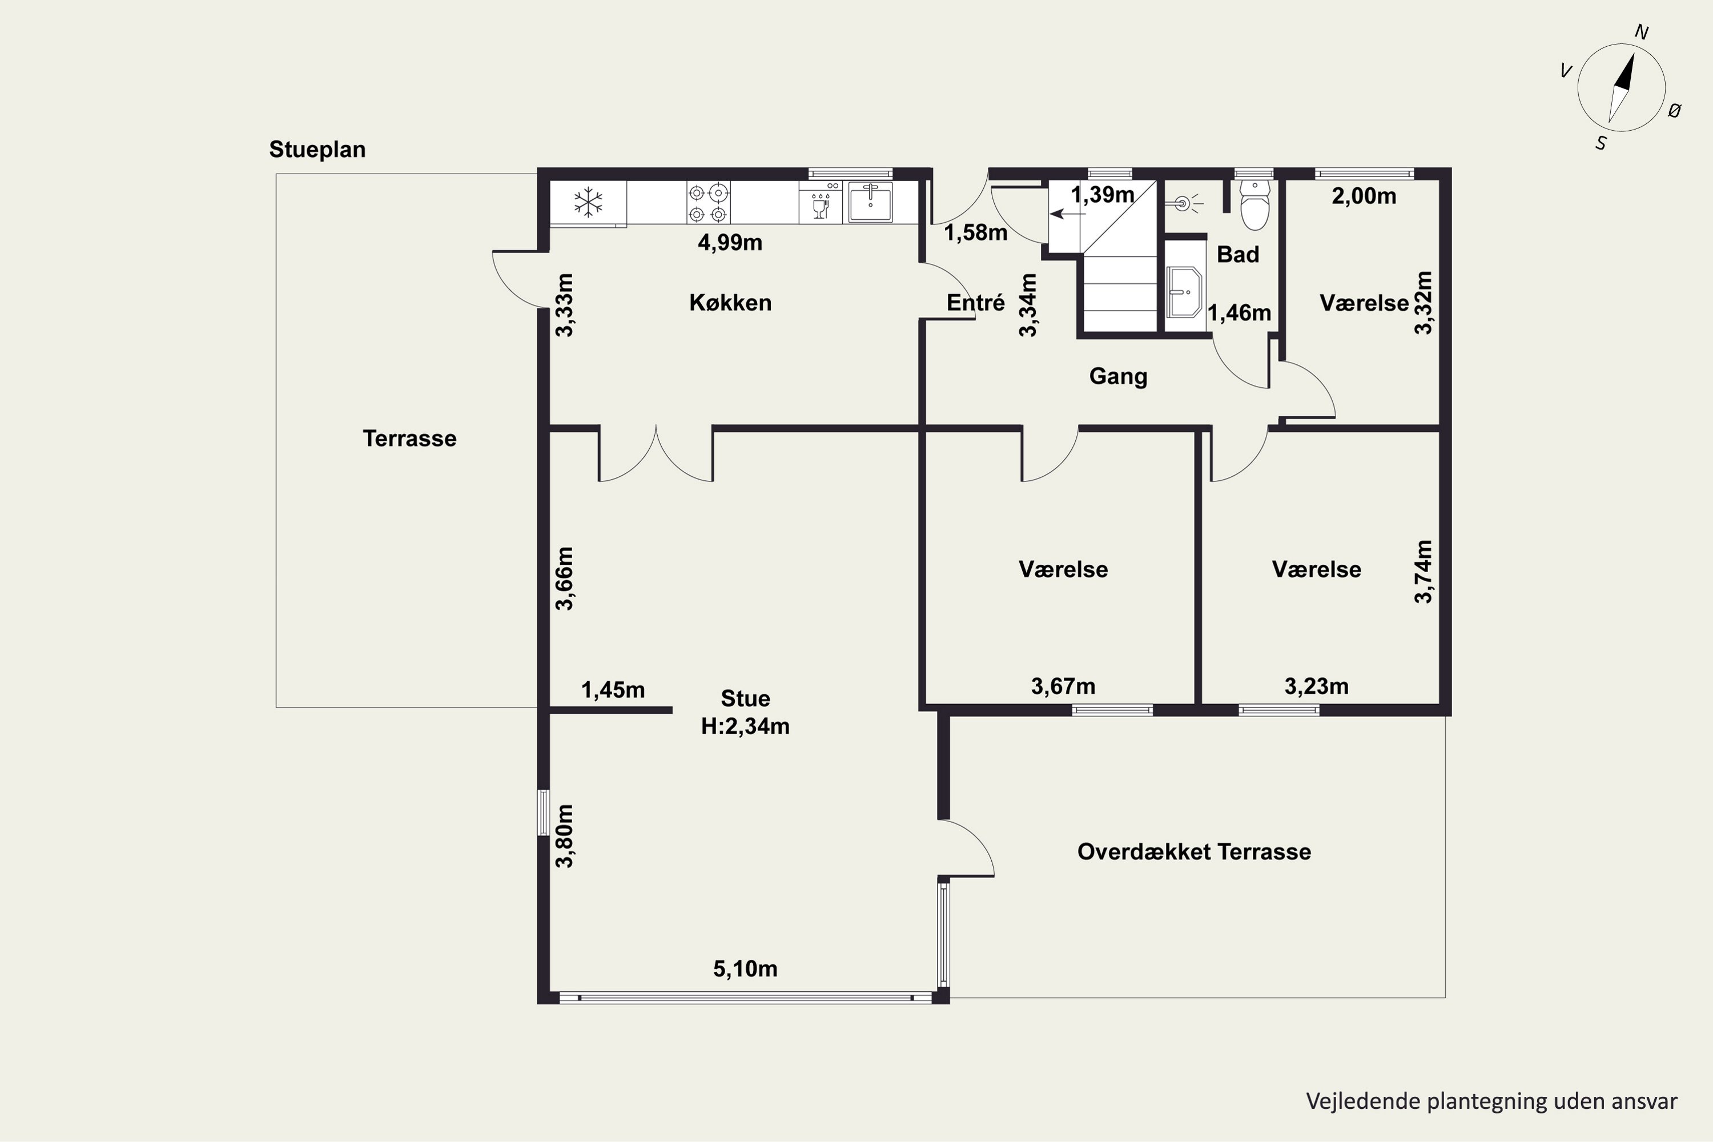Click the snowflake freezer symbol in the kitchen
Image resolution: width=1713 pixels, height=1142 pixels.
[x=588, y=203]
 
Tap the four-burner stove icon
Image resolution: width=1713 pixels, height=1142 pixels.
[x=708, y=203]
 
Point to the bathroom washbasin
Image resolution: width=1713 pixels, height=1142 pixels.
[x=1184, y=292]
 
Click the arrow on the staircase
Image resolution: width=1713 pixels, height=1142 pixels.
[x=1067, y=214]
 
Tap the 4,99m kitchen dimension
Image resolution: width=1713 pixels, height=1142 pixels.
[x=730, y=243]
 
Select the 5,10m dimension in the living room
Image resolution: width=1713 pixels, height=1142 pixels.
[x=745, y=968]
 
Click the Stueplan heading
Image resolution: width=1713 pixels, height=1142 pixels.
[x=317, y=149]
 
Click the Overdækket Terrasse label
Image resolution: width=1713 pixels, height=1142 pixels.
[x=1194, y=851]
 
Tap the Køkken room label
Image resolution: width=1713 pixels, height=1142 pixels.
[x=730, y=302]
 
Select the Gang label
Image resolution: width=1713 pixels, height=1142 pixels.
[x=1118, y=376]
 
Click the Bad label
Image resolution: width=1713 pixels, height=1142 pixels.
[x=1238, y=254]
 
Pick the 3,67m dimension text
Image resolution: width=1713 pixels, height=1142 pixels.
[x=1063, y=686]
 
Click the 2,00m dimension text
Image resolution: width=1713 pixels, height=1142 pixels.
[x=1364, y=196]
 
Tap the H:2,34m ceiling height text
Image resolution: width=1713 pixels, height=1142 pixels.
[x=745, y=726]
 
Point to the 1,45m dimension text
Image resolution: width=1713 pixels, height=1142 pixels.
[x=613, y=690]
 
